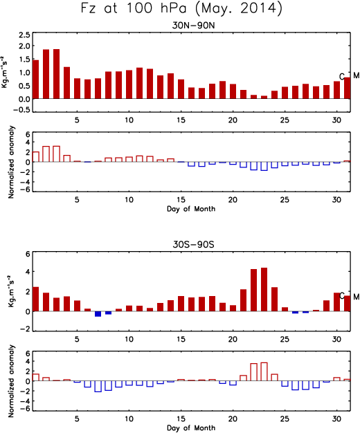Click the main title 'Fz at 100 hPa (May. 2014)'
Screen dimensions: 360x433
pos(181,8)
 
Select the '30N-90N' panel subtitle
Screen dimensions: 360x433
pos(193,26)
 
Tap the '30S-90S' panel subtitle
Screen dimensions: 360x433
pos(193,244)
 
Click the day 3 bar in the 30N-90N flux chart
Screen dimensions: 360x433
pos(56,74)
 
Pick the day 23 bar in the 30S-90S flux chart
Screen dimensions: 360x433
pos(264,289)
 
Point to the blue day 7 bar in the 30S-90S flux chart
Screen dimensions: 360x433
pos(98,314)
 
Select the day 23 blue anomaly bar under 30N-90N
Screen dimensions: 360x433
pos(264,166)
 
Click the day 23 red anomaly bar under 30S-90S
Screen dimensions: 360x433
pos(264,371)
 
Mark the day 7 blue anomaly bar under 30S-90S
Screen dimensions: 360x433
pos(98,387)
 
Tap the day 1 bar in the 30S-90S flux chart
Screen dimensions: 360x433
pos(36,299)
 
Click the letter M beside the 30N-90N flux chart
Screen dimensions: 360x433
pos(356,75)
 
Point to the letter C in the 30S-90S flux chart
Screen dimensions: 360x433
pos(342,296)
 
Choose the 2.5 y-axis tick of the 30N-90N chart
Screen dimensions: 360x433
pos(24,35)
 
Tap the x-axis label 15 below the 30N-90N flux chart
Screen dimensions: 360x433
pos(181,120)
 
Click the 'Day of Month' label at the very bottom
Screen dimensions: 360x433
pos(191,427)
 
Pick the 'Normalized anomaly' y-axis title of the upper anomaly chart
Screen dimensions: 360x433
pos(11,162)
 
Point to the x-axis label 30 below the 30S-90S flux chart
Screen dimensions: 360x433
pos(336,339)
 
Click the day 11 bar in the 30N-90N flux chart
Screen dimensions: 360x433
pos(139,83)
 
